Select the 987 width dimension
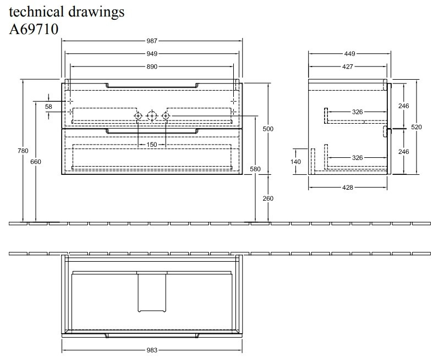[x=152, y=41]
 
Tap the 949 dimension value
[x=152, y=53]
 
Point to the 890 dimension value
[x=152, y=67]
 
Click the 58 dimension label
[x=48, y=106]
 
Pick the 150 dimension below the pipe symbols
[x=152, y=145]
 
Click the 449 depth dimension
[x=349, y=54]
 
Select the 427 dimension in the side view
[x=347, y=67]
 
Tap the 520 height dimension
[x=416, y=127]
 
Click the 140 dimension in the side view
[x=297, y=161]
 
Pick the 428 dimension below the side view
[x=347, y=187]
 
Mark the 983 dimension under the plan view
[x=152, y=350]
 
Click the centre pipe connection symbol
[x=152, y=116]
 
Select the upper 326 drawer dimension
[x=358, y=112]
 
